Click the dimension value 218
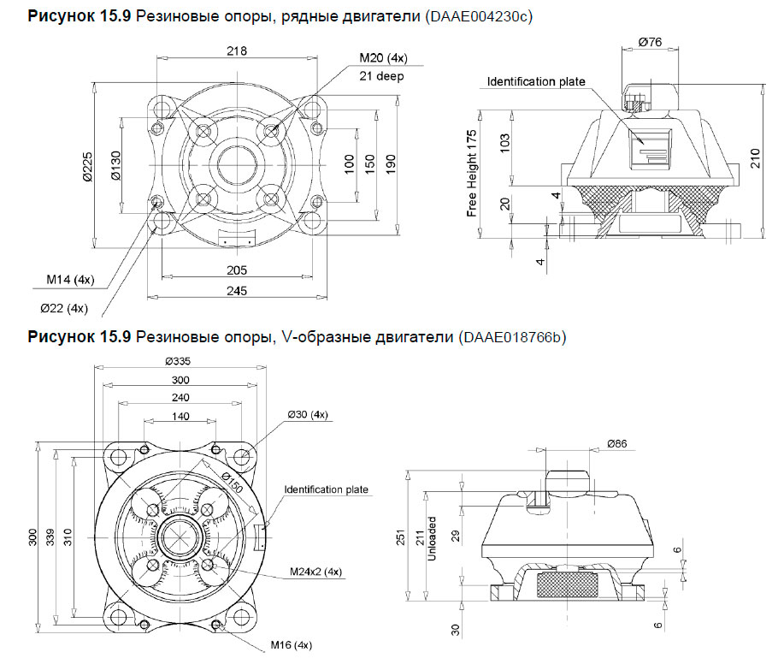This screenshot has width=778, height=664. (x=237, y=51)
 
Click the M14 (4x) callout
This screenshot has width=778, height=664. (x=70, y=279)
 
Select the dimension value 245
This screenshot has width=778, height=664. (x=237, y=291)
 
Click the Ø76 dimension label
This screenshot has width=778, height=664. (x=652, y=41)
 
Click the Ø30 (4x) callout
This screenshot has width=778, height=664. (x=306, y=415)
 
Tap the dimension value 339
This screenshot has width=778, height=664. (x=50, y=537)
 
